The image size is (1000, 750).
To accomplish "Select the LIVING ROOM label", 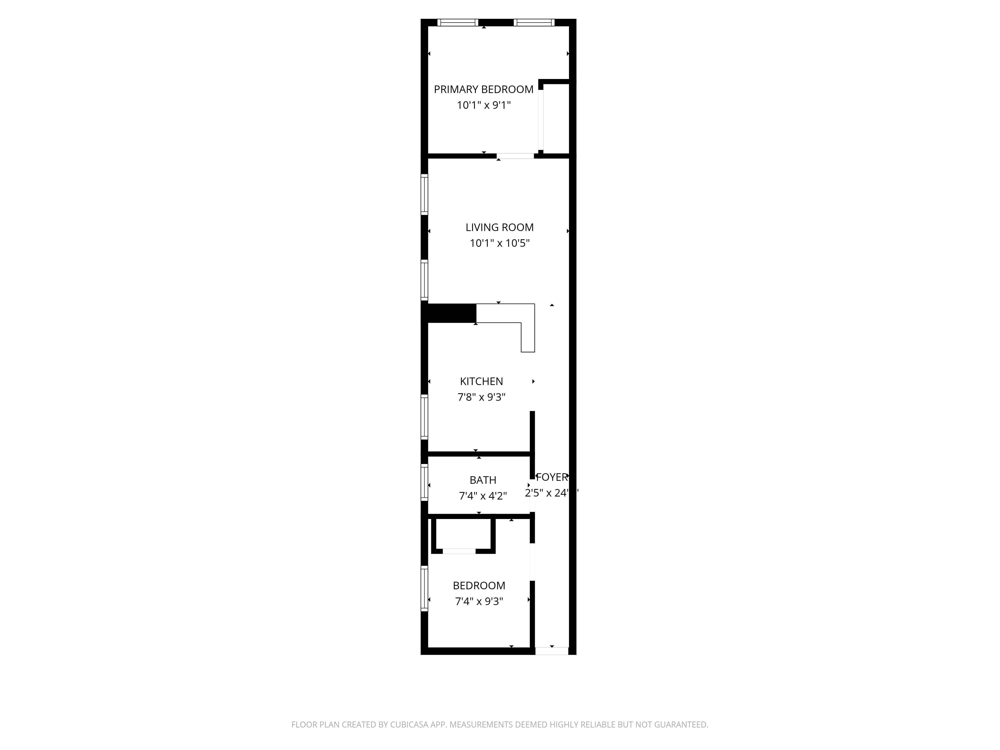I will coord(499,227).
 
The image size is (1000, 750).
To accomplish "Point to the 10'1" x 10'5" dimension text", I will coord(499,243).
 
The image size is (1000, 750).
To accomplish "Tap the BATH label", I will coord(483,480).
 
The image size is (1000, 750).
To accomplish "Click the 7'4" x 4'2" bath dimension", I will coord(483,496).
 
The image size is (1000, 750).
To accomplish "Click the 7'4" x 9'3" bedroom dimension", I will coord(479,601).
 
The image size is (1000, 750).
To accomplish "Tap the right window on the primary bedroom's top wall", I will coord(534,22).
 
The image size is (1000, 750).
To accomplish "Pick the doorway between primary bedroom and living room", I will coord(515,156).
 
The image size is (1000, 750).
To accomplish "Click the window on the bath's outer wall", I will coord(424,483).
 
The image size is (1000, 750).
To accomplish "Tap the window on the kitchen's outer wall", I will coord(424,417).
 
